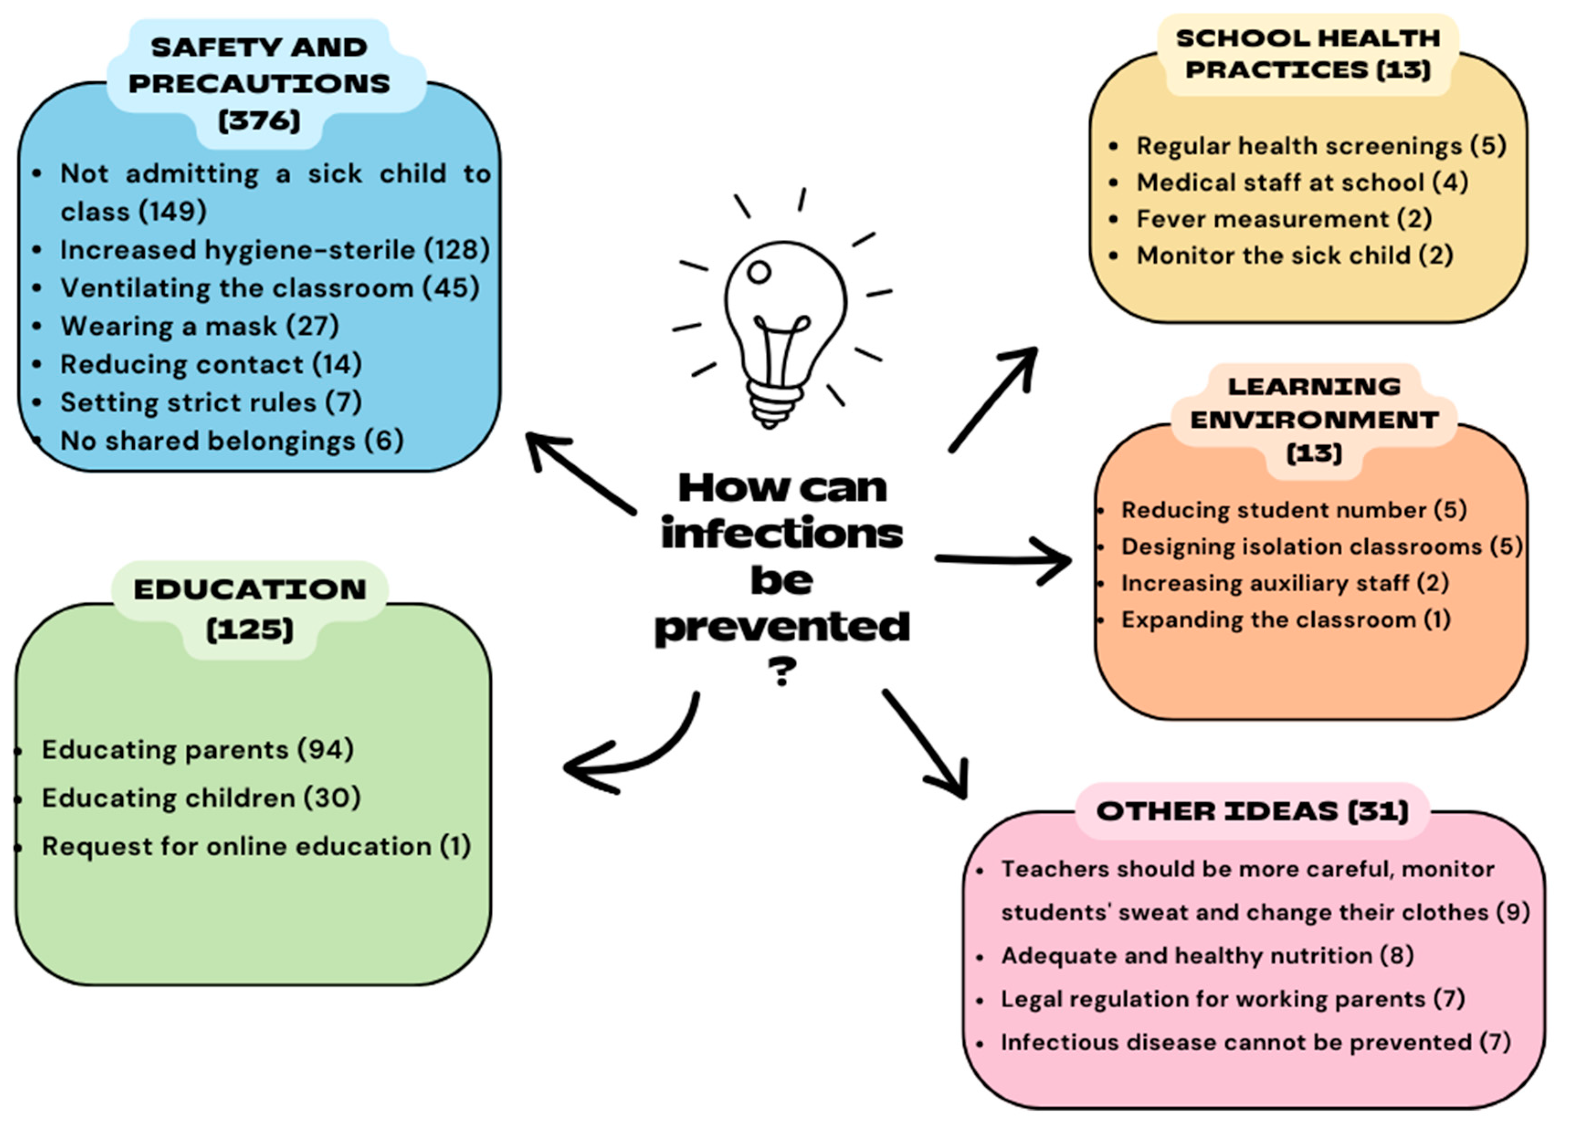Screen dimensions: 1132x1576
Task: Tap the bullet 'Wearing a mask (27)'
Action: [200, 326]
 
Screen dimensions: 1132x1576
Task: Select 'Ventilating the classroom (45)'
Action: [270, 288]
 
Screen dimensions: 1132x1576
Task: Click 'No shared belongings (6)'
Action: [231, 441]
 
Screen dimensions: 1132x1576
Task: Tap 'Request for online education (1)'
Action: [256, 847]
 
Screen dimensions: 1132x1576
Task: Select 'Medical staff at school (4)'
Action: [1302, 182]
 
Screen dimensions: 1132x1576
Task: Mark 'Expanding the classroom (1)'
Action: [1286, 619]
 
